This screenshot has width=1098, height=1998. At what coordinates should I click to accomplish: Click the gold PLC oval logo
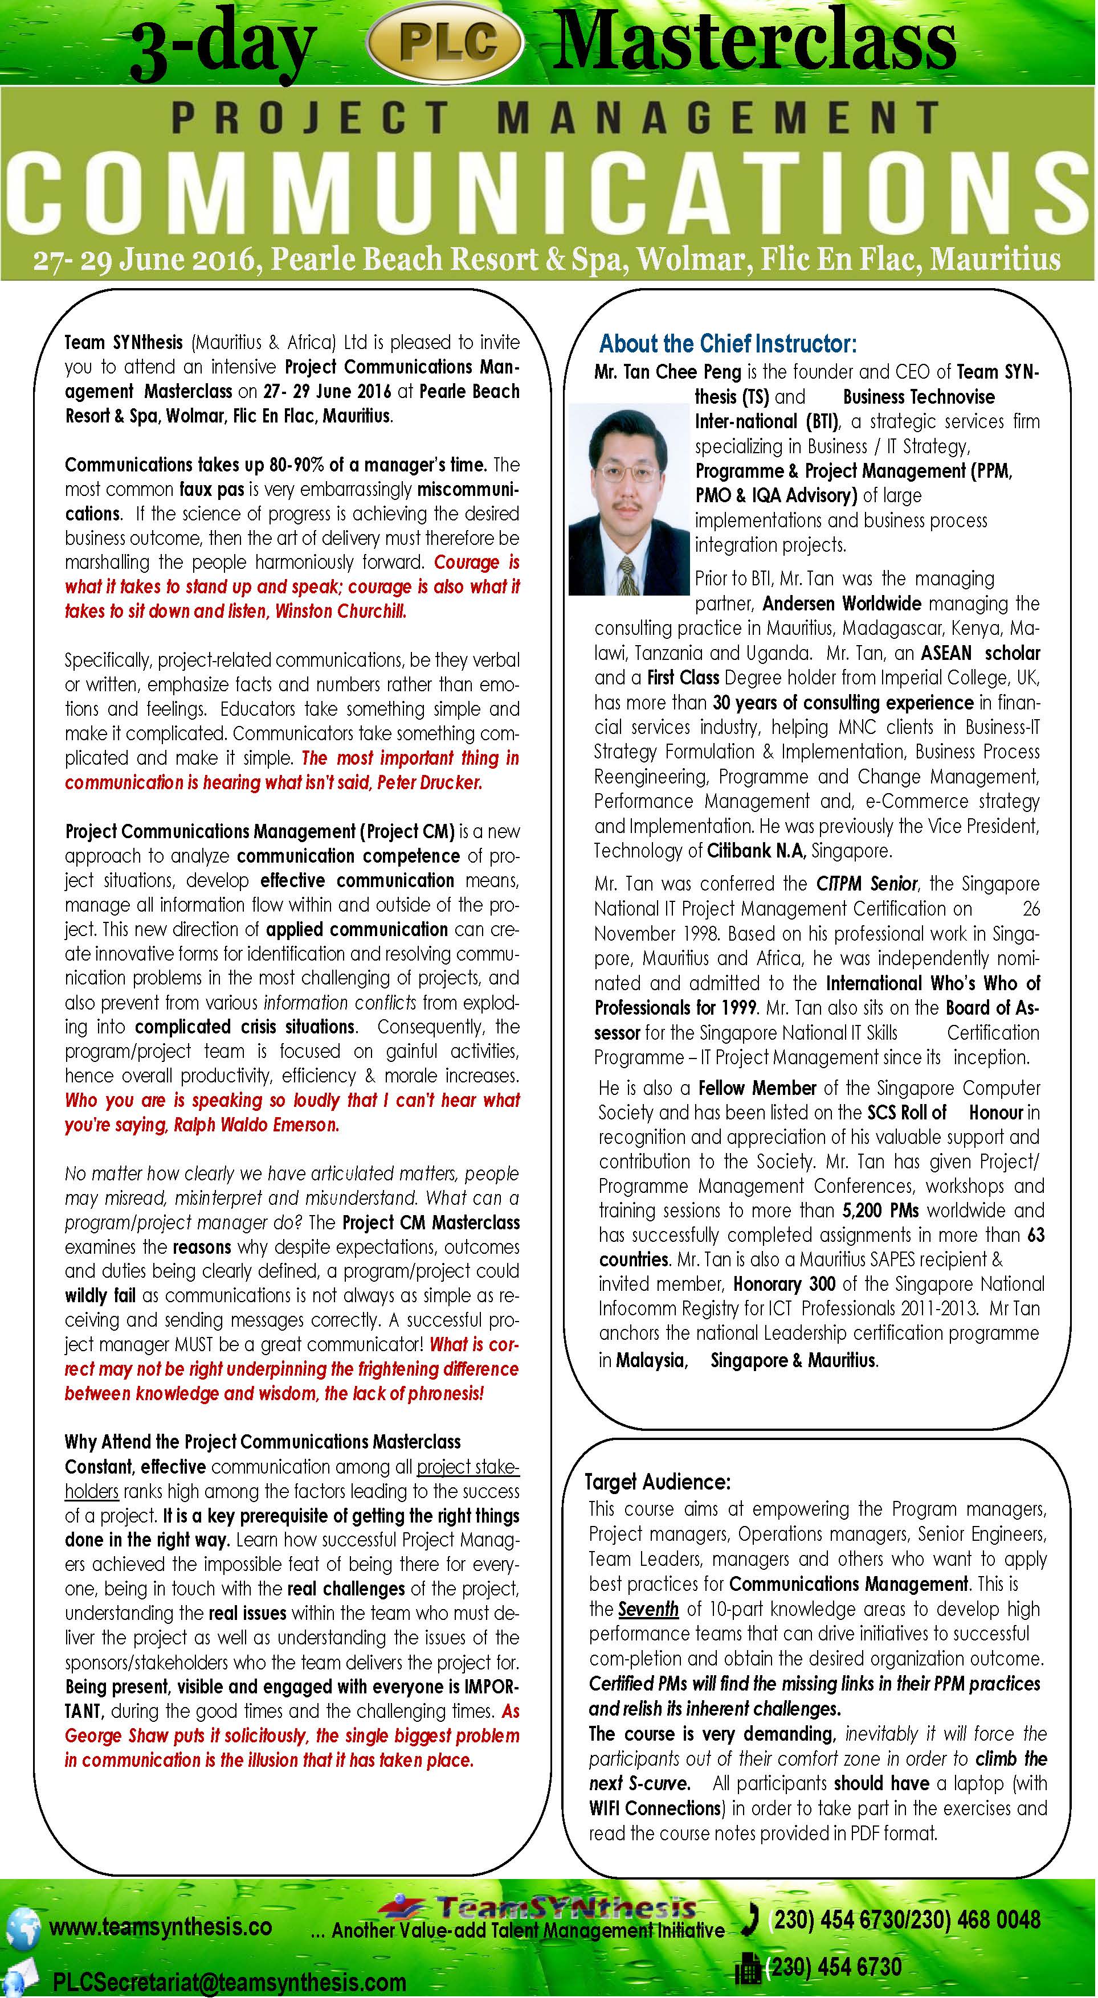[443, 43]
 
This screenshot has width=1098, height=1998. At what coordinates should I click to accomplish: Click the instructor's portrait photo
[628, 499]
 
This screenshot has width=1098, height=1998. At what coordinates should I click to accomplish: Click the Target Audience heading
[657, 1482]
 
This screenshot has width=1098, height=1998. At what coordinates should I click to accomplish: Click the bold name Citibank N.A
[756, 851]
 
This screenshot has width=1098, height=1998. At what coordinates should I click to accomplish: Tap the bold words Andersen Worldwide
[842, 604]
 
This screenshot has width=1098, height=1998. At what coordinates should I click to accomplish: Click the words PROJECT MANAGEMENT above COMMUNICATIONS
[555, 118]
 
